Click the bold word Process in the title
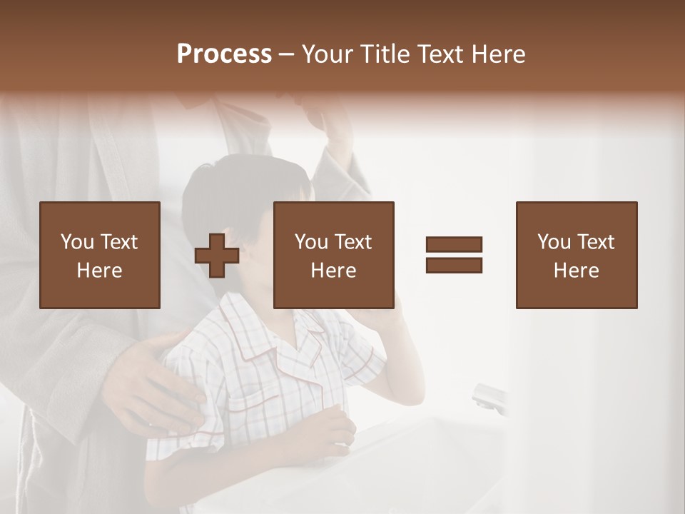click(224, 54)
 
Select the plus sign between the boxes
click(217, 255)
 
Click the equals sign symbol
click(454, 255)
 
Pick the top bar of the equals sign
click(454, 245)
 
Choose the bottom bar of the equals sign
click(454, 265)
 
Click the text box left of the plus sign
click(100, 255)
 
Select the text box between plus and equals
click(333, 255)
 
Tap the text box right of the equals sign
click(576, 255)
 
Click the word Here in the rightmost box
click(576, 271)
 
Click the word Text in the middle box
click(353, 242)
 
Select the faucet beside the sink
click(489, 396)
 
